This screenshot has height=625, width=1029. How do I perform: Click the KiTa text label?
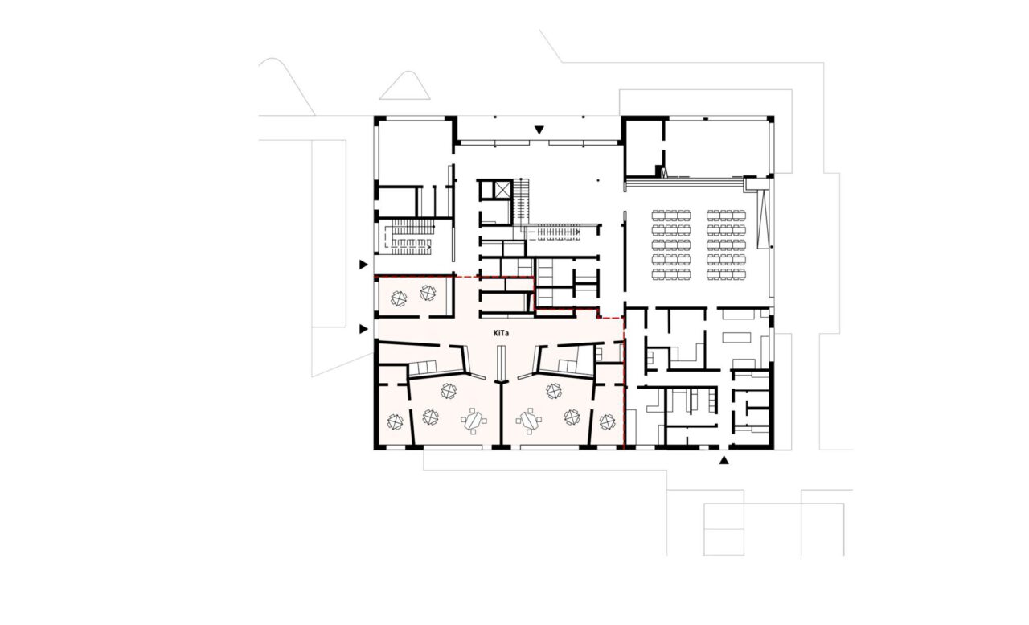tap(501, 333)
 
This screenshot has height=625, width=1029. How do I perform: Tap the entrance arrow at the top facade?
tap(539, 130)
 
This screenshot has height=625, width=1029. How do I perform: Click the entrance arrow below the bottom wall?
tap(724, 460)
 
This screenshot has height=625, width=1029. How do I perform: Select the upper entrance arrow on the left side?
tap(364, 265)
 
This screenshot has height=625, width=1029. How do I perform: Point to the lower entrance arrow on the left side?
tap(364, 329)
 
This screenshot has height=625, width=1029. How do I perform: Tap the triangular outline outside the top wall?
tap(404, 85)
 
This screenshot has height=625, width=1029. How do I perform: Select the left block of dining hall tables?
tap(671, 245)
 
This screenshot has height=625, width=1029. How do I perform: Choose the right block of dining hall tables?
tap(726, 245)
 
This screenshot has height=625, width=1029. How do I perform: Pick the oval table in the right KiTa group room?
tap(528, 421)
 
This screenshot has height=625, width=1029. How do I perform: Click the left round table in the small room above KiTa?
tap(399, 298)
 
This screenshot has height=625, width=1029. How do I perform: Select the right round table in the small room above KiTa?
tap(428, 293)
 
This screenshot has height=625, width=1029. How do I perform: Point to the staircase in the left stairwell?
tap(412, 236)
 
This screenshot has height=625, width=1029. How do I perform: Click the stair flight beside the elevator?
tap(522, 202)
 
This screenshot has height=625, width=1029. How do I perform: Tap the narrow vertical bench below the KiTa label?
tap(501, 364)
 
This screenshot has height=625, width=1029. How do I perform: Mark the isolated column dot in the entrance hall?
tap(597, 180)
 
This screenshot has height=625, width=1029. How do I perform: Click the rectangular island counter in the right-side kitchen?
tap(736, 338)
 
